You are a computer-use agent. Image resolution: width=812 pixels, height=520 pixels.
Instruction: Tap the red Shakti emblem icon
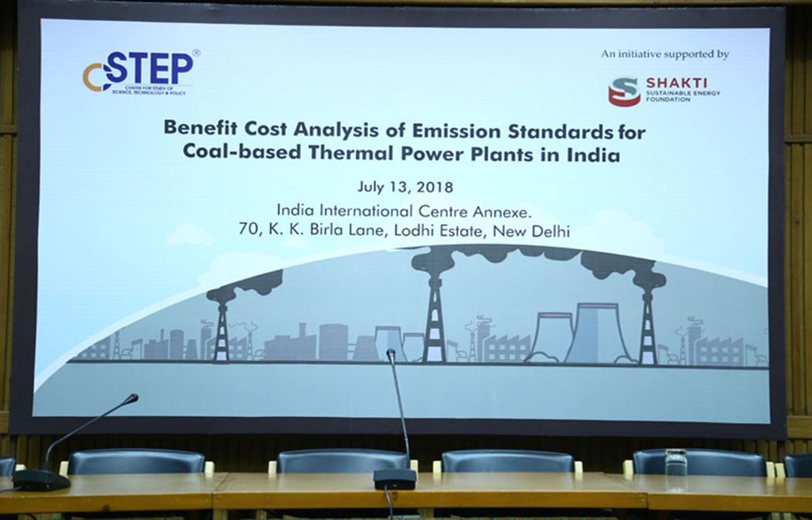click(624, 91)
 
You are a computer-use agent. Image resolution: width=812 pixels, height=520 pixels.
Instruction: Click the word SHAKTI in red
click(677, 83)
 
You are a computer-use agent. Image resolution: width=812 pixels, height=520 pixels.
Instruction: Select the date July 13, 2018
click(405, 188)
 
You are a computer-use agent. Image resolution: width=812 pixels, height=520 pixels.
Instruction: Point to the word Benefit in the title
click(200, 129)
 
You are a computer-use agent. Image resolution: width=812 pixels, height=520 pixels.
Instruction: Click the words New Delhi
click(531, 232)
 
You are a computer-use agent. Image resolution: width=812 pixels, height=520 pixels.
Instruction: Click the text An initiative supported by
click(665, 54)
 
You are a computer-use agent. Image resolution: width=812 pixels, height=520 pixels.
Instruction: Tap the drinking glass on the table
click(676, 471)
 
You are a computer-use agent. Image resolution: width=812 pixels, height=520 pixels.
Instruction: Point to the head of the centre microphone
click(390, 353)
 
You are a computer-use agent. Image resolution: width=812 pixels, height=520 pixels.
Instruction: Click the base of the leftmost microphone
click(41, 479)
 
